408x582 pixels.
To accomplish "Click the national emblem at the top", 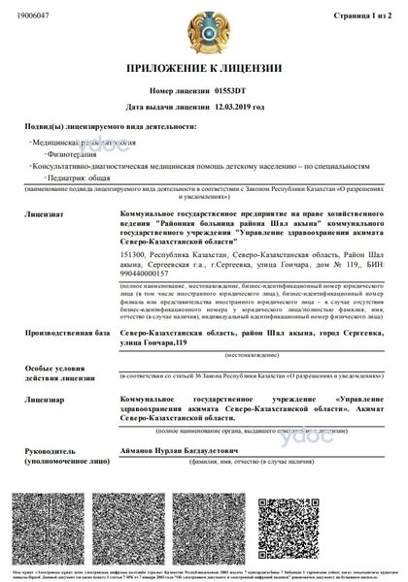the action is [x=205, y=28].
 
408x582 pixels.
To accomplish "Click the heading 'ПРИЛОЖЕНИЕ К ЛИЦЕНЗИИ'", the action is [x=204, y=68].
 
